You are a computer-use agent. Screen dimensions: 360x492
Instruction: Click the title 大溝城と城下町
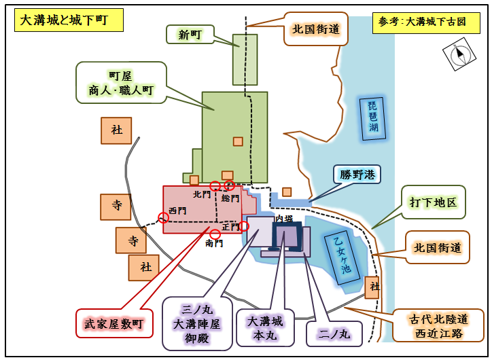pyautogui.click(x=69, y=20)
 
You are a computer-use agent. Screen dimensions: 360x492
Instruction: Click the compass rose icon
pyautogui.click(x=459, y=54)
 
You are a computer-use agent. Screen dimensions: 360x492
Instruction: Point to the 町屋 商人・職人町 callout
pyautogui.click(x=121, y=83)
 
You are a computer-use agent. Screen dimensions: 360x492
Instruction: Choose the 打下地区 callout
pyautogui.click(x=433, y=202)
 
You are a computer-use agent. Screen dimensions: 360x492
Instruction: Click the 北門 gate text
pyautogui.click(x=201, y=194)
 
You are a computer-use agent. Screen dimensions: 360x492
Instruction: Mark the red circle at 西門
pyautogui.click(x=163, y=217)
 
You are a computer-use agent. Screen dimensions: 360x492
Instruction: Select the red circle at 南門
pyautogui.click(x=215, y=234)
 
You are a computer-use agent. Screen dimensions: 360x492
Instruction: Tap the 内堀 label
pyautogui.click(x=283, y=219)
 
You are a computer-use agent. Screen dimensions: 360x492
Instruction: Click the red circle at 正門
pyautogui.click(x=244, y=226)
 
